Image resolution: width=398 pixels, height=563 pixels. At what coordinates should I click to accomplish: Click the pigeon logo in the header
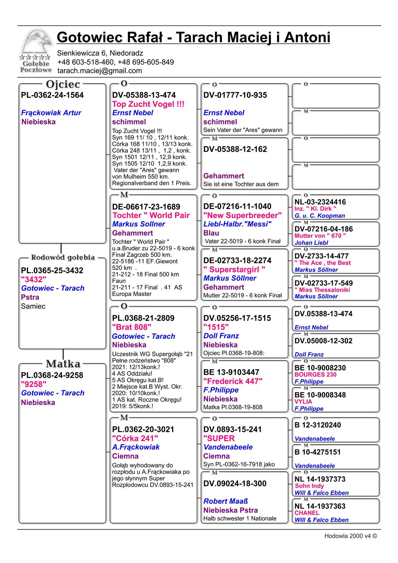36,52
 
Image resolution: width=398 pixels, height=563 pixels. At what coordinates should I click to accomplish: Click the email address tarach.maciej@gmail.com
99,71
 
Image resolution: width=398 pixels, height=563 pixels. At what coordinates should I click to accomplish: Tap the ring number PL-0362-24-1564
52,95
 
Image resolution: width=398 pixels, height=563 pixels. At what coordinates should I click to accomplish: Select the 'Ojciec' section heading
63,84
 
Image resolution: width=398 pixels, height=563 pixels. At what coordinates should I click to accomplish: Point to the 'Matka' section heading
63,364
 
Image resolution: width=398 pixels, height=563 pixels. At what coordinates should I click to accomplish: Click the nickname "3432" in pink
34,279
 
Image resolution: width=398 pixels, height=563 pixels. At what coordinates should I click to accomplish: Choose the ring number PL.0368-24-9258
52,375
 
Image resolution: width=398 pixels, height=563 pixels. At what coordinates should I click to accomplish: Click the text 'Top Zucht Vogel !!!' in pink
148,104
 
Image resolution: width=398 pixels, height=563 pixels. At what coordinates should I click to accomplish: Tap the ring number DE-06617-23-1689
146,207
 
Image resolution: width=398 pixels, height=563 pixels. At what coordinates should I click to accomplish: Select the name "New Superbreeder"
242,215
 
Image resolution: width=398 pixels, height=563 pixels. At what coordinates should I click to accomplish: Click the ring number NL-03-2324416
320,202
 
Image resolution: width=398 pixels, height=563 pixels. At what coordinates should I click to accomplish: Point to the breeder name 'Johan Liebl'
311,242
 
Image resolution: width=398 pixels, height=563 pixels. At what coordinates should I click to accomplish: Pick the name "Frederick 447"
233,381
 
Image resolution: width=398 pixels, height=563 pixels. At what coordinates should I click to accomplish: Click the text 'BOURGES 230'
315,374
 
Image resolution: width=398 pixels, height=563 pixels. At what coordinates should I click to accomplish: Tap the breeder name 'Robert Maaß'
226,501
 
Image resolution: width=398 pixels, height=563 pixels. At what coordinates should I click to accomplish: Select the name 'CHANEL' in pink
307,513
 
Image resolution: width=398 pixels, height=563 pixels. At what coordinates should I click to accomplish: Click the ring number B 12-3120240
318,425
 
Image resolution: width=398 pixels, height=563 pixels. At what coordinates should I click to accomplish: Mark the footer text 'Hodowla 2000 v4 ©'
350,536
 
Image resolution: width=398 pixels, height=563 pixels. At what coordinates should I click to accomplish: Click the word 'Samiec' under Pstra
33,306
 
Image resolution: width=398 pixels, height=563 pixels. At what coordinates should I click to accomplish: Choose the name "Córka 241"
135,438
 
